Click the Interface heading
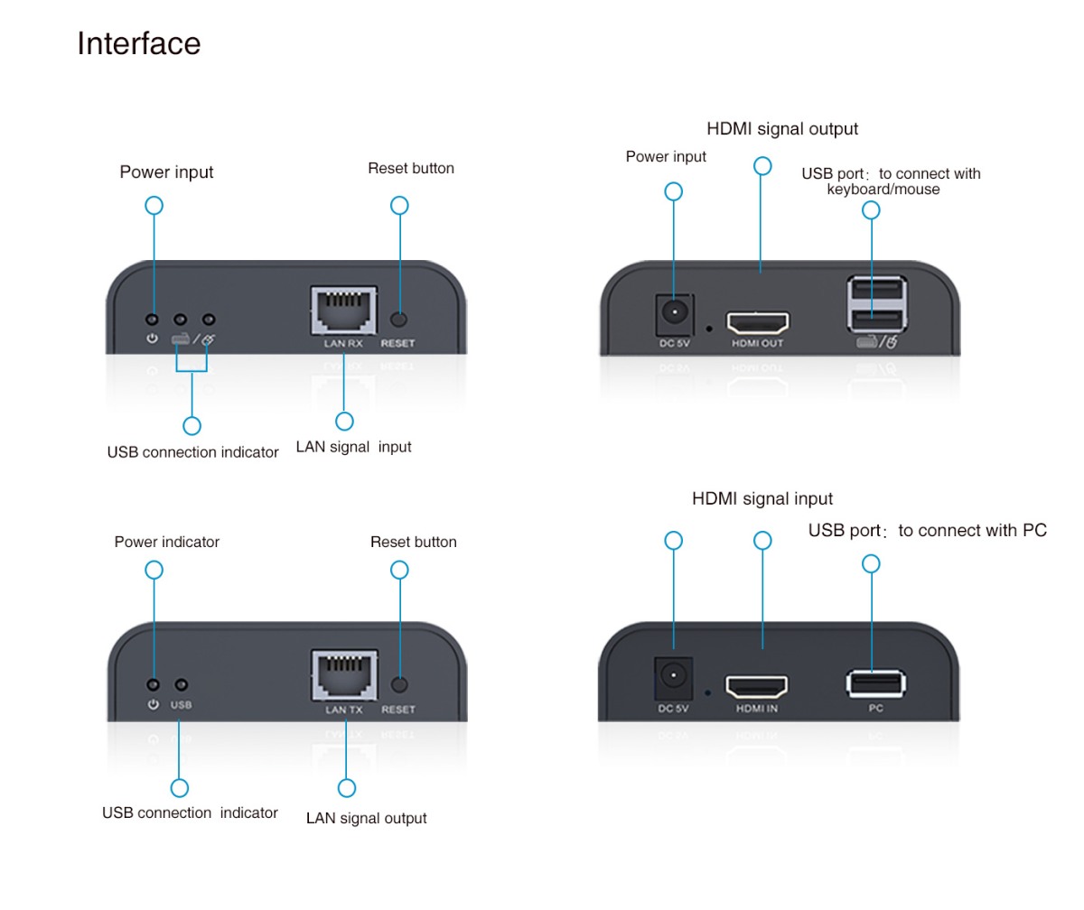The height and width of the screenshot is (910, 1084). (138, 43)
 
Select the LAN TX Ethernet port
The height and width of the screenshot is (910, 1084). (344, 675)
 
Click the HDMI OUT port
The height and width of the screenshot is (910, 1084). (759, 322)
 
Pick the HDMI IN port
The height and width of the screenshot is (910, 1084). (757, 686)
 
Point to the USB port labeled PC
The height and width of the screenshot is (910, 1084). (875, 682)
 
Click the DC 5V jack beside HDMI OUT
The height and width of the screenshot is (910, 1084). (674, 313)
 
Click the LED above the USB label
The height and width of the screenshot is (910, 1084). (182, 685)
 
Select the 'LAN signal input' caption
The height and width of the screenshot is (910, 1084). (353, 447)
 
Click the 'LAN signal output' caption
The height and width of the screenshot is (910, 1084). (366, 818)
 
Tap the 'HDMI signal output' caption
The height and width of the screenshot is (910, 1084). (782, 129)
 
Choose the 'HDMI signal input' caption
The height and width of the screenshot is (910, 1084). (762, 498)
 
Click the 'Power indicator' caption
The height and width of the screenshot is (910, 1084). (166, 542)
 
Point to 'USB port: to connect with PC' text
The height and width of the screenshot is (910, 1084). (927, 530)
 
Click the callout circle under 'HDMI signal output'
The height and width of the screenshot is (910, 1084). (762, 166)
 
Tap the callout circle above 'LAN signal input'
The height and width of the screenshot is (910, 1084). (344, 421)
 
